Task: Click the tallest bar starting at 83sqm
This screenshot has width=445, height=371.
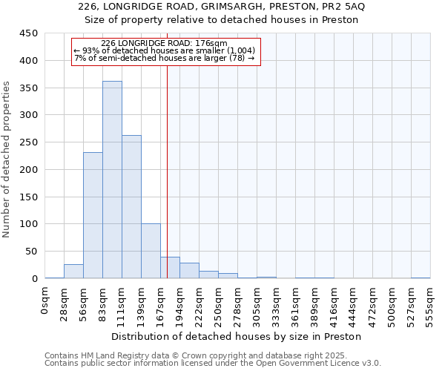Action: tap(112, 180)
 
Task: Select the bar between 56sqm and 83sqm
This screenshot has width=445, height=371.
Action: tap(93, 215)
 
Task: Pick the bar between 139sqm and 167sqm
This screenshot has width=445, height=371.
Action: tap(151, 251)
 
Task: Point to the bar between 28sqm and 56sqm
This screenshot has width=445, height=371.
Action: tap(73, 272)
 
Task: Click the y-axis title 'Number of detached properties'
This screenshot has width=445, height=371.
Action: tap(7, 160)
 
